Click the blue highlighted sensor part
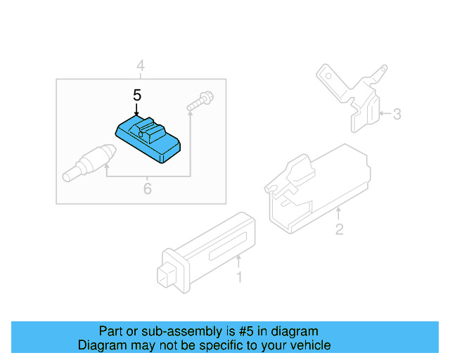coord(148,139)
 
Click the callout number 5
coord(137,94)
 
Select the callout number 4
coord(141,67)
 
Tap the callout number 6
coord(147,188)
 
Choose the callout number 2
coord(339,229)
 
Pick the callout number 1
coord(238,278)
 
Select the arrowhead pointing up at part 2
coord(339,210)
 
